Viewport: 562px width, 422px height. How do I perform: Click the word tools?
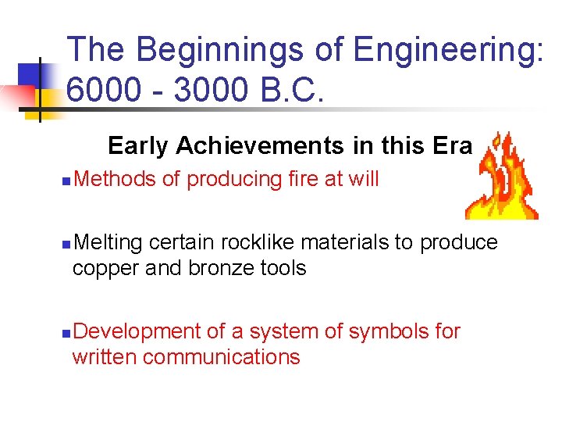coord(283,269)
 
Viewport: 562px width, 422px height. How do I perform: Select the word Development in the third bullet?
coord(137,331)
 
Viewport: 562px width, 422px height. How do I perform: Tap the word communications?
coord(222,357)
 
